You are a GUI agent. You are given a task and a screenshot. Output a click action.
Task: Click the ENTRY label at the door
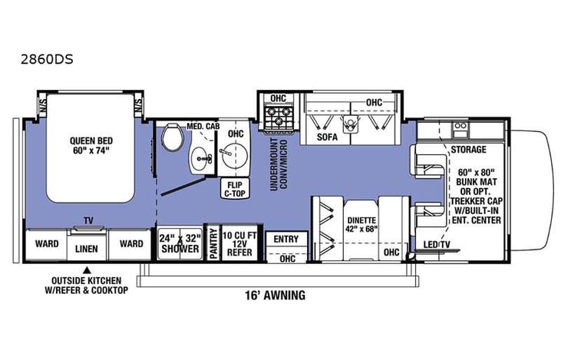pyautogui.click(x=285, y=239)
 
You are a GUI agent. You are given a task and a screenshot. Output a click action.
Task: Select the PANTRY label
pyautogui.click(x=214, y=244)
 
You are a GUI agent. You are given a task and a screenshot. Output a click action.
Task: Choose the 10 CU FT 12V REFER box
pyautogui.click(x=242, y=244)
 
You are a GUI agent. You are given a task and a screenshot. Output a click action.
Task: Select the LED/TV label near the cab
pyautogui.click(x=436, y=245)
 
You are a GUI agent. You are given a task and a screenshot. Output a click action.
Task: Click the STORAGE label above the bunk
pyautogui.click(x=469, y=149)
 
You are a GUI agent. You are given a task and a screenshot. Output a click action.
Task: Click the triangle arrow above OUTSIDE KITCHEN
pyautogui.click(x=88, y=269)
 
